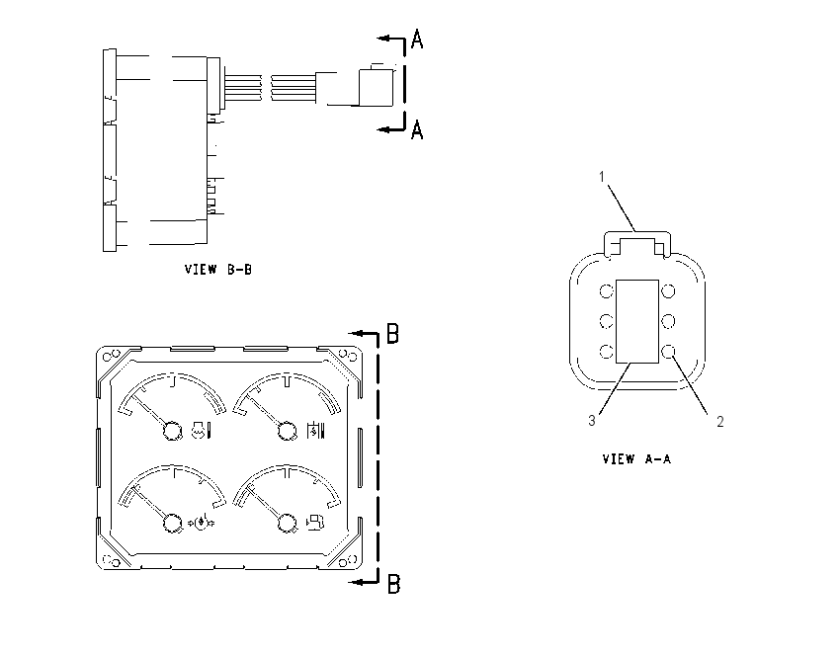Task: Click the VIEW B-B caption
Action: click(x=218, y=270)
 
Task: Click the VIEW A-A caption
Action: click(x=636, y=459)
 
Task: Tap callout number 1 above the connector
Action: click(x=602, y=177)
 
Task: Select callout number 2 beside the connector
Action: click(x=720, y=422)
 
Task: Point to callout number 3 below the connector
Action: click(x=592, y=421)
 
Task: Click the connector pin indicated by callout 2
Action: click(x=668, y=352)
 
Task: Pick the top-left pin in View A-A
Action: click(x=606, y=291)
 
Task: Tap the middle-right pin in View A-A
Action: click(x=668, y=321)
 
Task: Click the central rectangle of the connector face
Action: click(x=637, y=321)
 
